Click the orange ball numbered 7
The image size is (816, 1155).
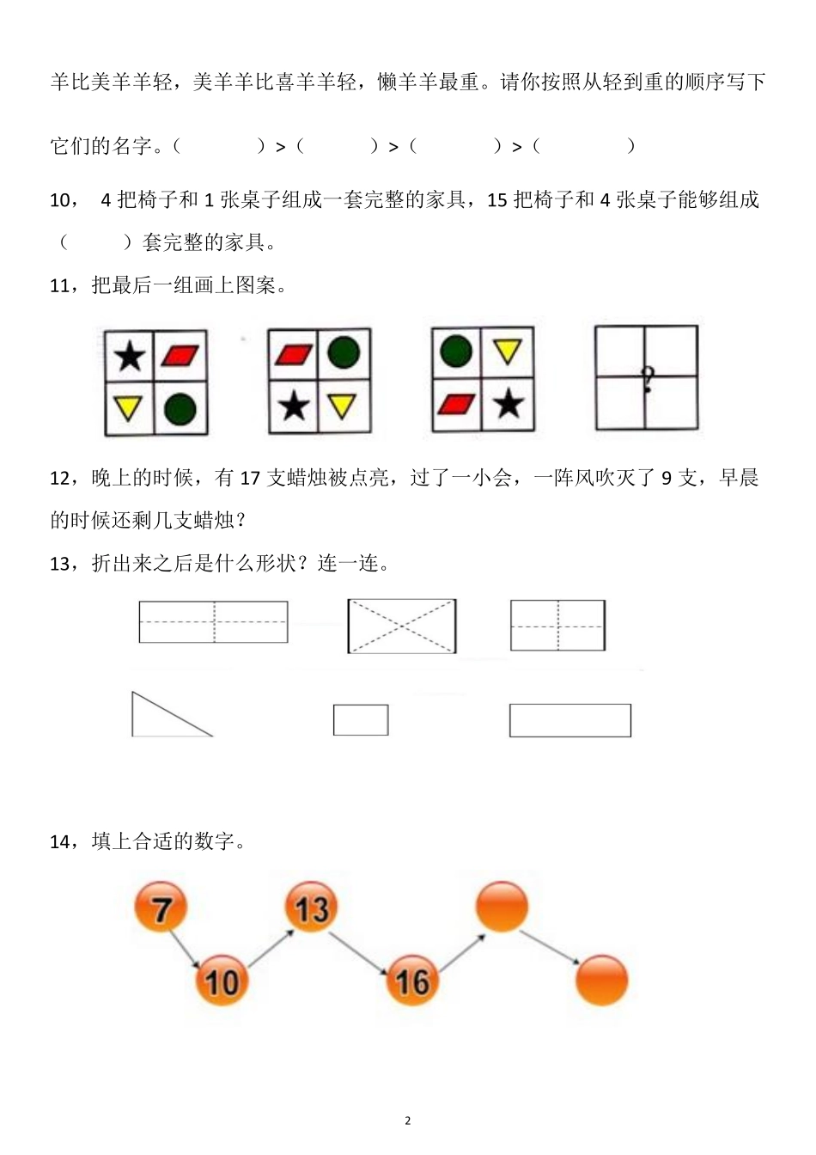(161, 907)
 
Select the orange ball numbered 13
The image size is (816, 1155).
(311, 907)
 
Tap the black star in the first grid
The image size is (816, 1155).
(130, 357)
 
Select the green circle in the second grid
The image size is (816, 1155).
(344, 352)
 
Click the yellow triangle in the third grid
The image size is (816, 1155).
(508, 351)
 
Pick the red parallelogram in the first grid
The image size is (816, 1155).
(180, 356)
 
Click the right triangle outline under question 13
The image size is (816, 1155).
(172, 714)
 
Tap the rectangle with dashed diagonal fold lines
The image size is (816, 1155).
(402, 626)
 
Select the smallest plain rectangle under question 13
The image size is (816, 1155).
(361, 720)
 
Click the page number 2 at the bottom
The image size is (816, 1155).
(408, 1121)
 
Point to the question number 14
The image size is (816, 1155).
(63, 842)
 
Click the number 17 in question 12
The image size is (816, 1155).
(250, 479)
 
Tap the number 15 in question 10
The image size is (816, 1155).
(497, 200)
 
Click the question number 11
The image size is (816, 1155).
(62, 285)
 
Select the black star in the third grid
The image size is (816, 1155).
(508, 404)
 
